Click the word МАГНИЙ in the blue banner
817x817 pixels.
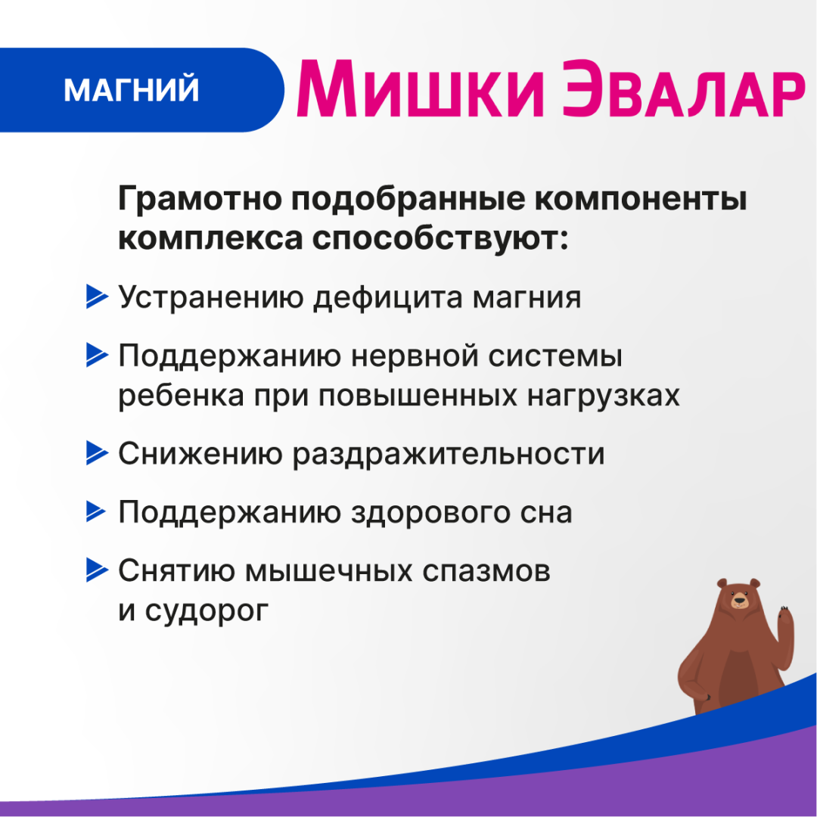coord(132,90)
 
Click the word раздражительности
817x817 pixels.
coord(449,454)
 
